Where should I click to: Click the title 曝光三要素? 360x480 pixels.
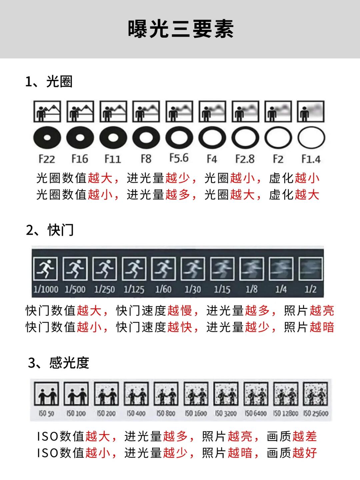click(x=181, y=29)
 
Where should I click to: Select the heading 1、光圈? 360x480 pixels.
click(x=49, y=82)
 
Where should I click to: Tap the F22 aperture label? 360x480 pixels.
click(x=47, y=159)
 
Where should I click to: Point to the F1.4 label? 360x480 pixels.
click(x=311, y=159)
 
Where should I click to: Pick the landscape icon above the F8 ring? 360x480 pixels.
click(x=146, y=111)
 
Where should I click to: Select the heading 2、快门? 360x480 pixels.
click(x=50, y=230)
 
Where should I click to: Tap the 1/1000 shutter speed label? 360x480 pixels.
click(x=46, y=289)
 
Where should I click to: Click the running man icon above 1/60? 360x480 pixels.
click(x=163, y=269)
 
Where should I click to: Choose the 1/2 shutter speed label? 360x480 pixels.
click(x=310, y=289)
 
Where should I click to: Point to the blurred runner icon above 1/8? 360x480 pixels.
click(x=252, y=269)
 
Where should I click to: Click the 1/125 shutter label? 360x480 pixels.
click(x=134, y=289)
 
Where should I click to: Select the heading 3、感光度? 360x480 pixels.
click(x=59, y=363)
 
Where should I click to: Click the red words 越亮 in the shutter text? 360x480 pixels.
click(x=322, y=310)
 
